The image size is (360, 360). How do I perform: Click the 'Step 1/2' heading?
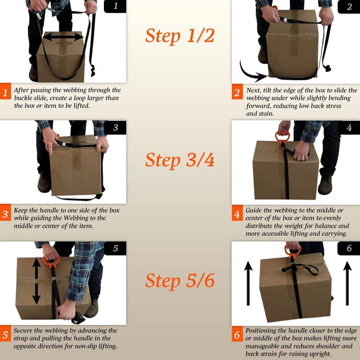point(180,36)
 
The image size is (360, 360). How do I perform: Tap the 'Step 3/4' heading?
point(180,159)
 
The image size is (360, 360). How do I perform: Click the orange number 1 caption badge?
point(5,93)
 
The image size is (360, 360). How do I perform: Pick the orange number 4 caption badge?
point(237,215)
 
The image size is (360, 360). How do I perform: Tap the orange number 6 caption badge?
point(237,335)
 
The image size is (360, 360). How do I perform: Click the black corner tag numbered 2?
point(349,6)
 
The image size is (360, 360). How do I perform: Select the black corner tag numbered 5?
point(115,248)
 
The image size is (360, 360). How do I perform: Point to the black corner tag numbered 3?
point(115,127)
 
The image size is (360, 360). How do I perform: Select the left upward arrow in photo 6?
point(247,283)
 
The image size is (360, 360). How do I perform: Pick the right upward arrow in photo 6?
point(346,283)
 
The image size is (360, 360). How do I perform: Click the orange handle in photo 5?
point(49,259)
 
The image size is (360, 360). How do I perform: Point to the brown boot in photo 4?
point(325,184)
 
